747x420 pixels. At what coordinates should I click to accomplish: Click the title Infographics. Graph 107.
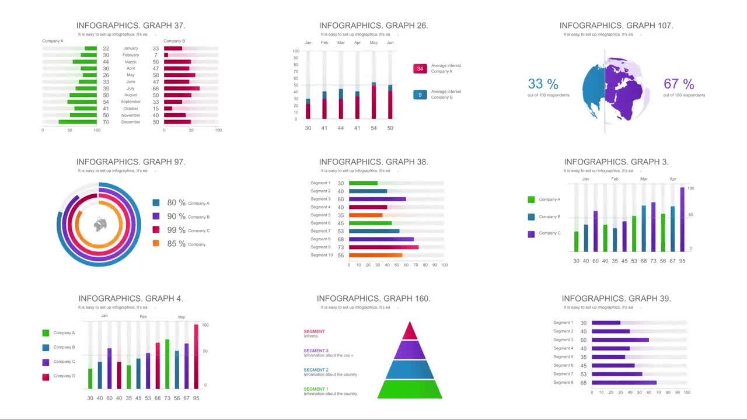pos(616,26)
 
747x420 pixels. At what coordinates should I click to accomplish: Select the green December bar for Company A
pos(78,122)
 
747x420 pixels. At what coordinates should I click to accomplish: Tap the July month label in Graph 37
pos(131,89)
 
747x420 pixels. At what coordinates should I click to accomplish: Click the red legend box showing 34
pos(420,69)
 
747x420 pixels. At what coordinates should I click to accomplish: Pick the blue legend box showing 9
pos(420,94)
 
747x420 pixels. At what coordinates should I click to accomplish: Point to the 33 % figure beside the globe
pos(543,85)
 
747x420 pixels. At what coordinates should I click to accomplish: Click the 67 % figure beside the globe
pos(679,85)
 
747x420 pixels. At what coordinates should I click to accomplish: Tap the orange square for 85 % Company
pos(156,243)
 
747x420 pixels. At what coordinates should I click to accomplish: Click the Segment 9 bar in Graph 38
pos(383,247)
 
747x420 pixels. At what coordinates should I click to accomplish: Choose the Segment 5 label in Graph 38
pos(320,215)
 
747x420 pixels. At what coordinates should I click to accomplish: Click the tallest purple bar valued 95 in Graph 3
pos(682,219)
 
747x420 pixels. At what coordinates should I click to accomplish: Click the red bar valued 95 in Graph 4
pos(196,356)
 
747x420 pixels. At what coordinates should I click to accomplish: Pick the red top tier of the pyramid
pos(410,331)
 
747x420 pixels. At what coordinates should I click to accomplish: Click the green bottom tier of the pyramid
pos(410,389)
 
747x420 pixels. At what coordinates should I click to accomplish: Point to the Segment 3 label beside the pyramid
pos(316,351)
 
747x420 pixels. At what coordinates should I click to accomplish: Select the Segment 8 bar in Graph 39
pos(624,383)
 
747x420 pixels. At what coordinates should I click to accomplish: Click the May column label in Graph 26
pos(373,43)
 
